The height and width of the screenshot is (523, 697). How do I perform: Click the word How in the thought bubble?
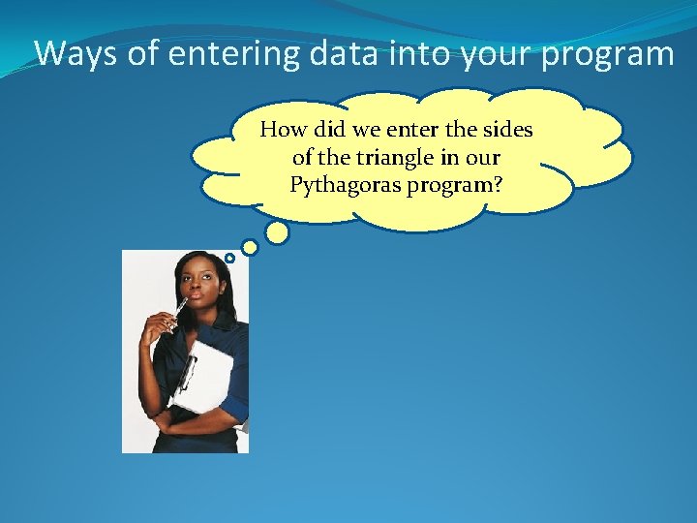coord(282,129)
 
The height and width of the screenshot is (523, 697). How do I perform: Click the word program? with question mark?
coord(455,184)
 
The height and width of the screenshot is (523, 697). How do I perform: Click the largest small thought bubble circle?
coord(277,232)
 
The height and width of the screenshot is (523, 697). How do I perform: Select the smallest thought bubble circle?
coord(229,258)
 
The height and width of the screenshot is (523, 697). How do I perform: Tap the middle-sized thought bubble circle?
coord(250,248)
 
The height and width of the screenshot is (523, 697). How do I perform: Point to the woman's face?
coord(198,286)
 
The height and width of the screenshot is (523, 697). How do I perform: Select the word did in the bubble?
coord(328,129)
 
